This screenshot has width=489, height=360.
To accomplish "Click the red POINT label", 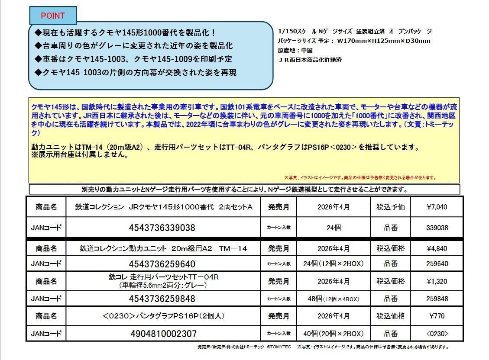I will (53, 16).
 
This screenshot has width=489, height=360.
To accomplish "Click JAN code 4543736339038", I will (162, 228).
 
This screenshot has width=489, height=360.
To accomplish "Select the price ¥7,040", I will (437, 207).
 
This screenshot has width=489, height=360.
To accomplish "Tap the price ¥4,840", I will (437, 248).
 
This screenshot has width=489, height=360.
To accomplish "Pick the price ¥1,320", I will (437, 281).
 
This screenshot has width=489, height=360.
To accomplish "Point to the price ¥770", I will (437, 316).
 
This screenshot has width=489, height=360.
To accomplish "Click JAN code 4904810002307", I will (163, 334).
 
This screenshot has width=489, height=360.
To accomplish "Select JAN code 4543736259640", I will (162, 264).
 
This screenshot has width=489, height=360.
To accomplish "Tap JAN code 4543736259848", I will (162, 299).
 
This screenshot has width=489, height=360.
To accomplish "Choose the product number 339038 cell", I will (437, 228).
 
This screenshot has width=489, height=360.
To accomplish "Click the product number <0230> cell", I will (437, 334).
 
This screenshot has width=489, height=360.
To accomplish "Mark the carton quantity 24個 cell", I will (334, 228).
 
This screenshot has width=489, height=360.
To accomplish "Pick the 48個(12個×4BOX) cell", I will (334, 299).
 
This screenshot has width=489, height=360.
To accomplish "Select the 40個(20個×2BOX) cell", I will (334, 334).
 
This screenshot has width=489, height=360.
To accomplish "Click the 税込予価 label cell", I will (390, 207).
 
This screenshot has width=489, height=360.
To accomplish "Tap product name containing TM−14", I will (163, 248).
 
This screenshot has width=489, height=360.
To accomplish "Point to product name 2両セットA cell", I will (163, 207).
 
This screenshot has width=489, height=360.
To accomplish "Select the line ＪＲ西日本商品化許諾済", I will (310, 60).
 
